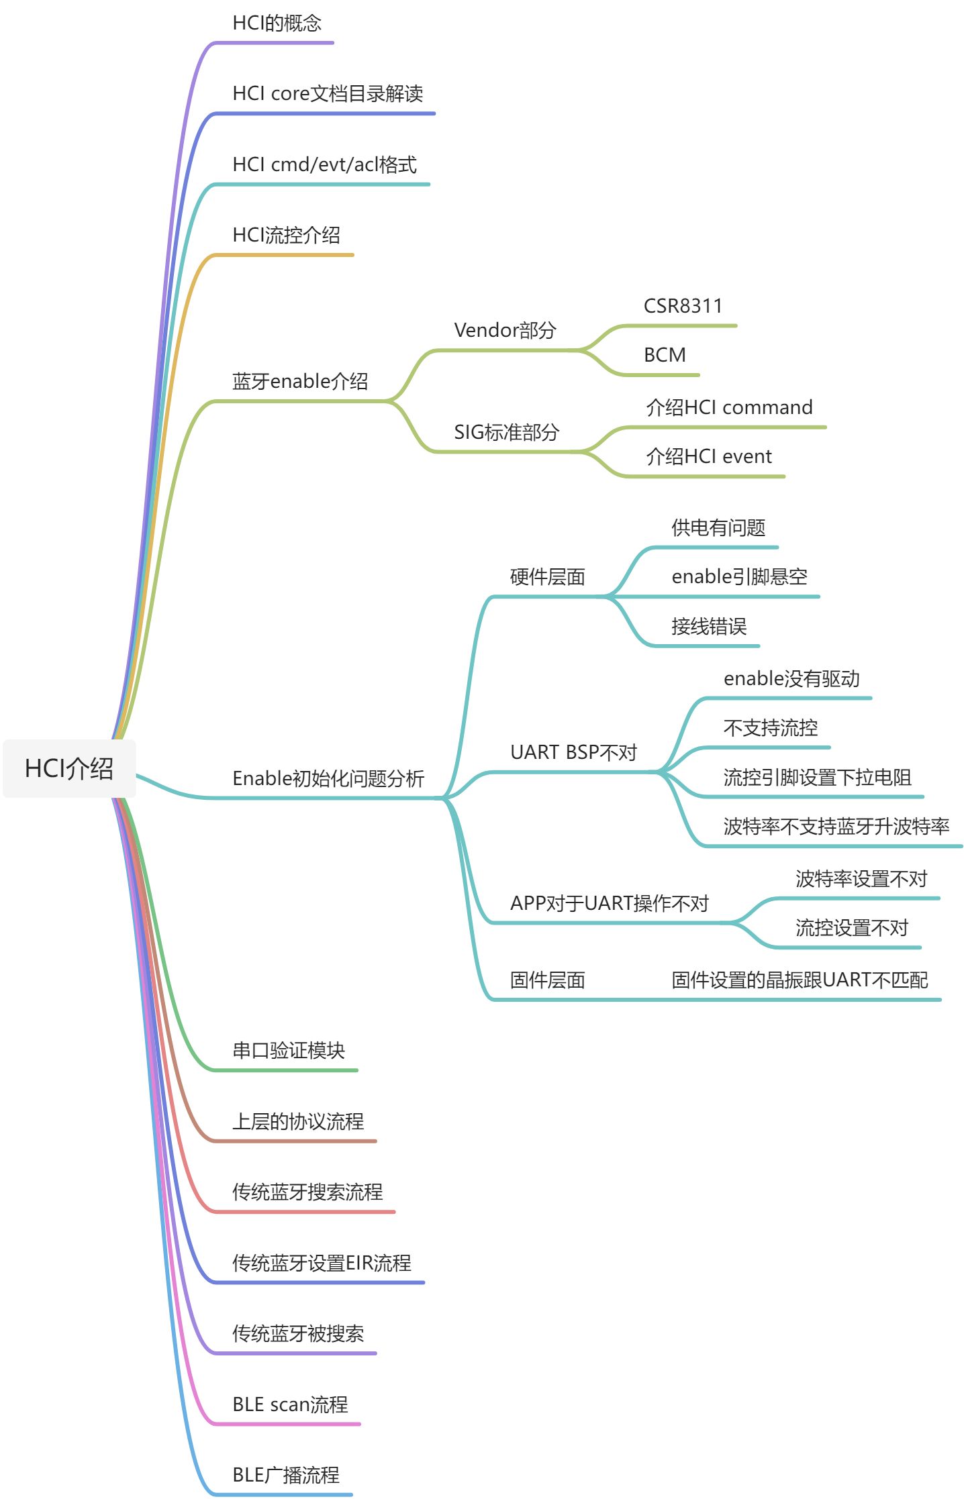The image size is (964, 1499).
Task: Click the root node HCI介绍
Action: coord(69,769)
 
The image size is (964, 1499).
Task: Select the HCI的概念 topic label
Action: coord(277,23)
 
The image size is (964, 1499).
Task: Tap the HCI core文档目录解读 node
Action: coord(328,94)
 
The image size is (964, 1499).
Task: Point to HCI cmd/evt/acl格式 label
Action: coord(324,164)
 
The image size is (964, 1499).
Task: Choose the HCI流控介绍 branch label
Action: coord(286,236)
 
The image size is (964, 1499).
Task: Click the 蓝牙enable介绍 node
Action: coord(300,382)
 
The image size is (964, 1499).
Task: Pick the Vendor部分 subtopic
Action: coord(505,330)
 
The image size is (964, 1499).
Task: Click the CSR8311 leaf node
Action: coord(683,307)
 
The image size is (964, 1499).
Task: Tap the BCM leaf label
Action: coord(665,355)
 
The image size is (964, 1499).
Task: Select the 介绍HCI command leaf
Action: coord(729,408)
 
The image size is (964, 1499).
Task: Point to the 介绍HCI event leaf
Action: coord(709,457)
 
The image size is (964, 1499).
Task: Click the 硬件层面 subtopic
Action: coord(547,577)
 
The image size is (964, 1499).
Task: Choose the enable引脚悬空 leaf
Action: coord(739,577)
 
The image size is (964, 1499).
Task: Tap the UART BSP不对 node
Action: coord(573,753)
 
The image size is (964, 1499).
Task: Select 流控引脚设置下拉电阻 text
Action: coord(817,778)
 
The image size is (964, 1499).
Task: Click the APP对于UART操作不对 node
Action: coord(609,904)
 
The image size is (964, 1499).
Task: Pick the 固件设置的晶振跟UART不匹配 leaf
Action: coord(800,980)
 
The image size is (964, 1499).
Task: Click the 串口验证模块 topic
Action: coord(289,1051)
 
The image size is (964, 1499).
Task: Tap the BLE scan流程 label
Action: coord(290,1404)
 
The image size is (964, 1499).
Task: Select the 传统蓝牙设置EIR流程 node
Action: coord(322,1263)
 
